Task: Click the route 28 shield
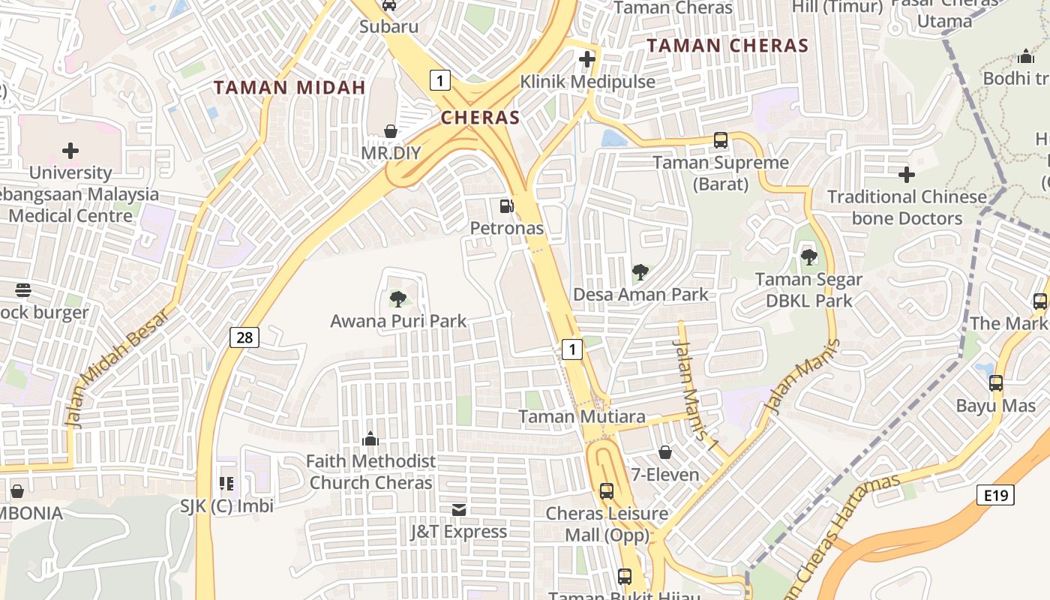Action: pyautogui.click(x=244, y=337)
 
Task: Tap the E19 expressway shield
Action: pyautogui.click(x=995, y=495)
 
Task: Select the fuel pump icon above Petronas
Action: pyautogui.click(x=507, y=205)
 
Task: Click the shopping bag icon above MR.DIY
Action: pyautogui.click(x=391, y=131)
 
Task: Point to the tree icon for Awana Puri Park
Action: pyautogui.click(x=398, y=299)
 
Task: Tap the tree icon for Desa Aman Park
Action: pyautogui.click(x=640, y=272)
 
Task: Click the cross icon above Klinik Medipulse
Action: pyautogui.click(x=587, y=59)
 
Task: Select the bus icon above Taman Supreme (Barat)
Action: pyautogui.click(x=720, y=140)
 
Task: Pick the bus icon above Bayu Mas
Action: pyautogui.click(x=995, y=383)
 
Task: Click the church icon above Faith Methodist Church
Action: pyautogui.click(x=370, y=439)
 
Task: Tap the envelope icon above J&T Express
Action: pyautogui.click(x=458, y=510)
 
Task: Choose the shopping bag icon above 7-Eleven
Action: pyautogui.click(x=664, y=452)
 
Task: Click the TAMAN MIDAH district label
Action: pyautogui.click(x=289, y=88)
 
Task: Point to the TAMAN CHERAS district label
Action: pyautogui.click(x=727, y=46)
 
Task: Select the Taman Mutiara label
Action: pyautogui.click(x=582, y=417)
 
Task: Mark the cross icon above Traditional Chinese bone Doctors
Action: pyautogui.click(x=906, y=175)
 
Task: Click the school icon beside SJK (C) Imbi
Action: pyautogui.click(x=226, y=484)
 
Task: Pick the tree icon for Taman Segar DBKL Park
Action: pyautogui.click(x=808, y=257)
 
